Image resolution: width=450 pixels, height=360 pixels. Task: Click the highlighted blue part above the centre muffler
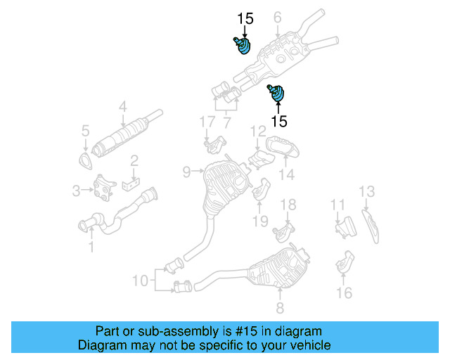click(x=241, y=46)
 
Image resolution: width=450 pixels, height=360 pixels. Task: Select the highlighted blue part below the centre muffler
click(x=278, y=93)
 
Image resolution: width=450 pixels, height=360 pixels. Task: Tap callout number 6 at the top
click(x=277, y=17)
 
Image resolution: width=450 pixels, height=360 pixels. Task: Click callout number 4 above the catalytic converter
click(x=122, y=107)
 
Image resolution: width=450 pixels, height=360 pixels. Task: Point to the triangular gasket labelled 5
click(x=87, y=164)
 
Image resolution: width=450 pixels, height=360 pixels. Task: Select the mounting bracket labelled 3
click(x=105, y=187)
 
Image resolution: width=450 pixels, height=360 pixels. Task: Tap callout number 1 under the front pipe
click(x=91, y=247)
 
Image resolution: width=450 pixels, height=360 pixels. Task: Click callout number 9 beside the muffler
click(x=186, y=171)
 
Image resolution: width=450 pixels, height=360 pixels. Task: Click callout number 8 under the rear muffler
click(x=280, y=307)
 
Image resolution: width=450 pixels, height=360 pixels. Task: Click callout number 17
click(x=206, y=122)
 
